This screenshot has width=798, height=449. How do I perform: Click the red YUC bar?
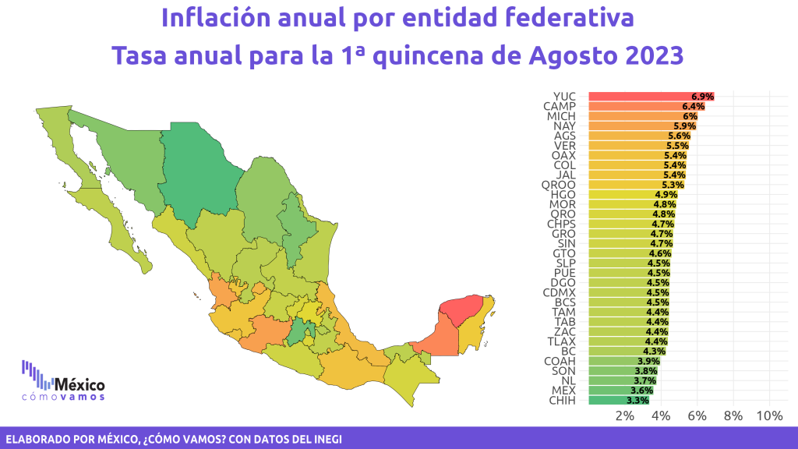[x=651, y=96]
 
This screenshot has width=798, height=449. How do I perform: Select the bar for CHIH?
[x=619, y=400]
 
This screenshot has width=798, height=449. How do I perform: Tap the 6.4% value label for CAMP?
[x=693, y=106]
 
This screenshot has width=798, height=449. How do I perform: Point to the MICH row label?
[x=561, y=116]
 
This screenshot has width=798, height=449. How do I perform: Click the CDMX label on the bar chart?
[x=560, y=293]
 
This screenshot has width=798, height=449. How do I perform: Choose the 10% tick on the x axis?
[x=769, y=416]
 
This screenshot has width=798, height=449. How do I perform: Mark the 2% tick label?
[x=624, y=416]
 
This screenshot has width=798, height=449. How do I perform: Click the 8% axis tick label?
[x=733, y=416]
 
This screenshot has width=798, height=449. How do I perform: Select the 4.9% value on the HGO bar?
[x=666, y=194]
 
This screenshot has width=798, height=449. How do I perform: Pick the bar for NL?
[x=623, y=380]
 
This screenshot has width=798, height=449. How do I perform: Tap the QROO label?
[x=558, y=185]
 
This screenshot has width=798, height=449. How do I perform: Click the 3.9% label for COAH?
[x=648, y=361]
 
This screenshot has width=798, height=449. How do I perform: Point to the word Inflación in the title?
[x=215, y=18]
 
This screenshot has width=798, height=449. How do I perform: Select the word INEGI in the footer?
[x=328, y=440]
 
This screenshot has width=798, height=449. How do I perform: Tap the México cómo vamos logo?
[x=63, y=380]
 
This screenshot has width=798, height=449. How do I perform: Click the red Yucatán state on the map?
[x=461, y=309]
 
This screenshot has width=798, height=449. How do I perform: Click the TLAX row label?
[x=561, y=341]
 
